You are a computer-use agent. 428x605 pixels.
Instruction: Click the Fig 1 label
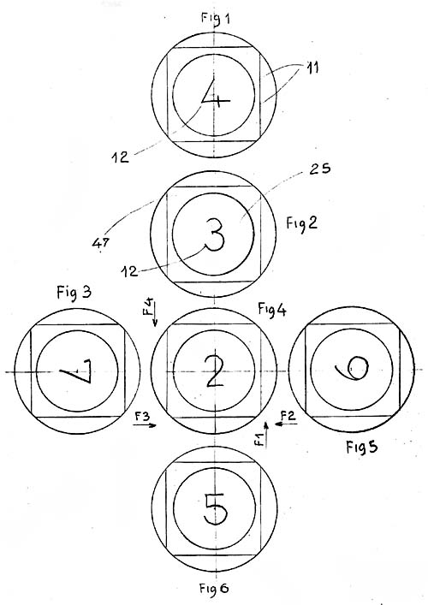tap(216, 19)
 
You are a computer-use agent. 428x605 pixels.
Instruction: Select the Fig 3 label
tap(74, 292)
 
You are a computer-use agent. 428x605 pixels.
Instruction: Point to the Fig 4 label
tap(272, 310)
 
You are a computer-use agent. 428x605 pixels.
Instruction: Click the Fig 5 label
tap(361, 447)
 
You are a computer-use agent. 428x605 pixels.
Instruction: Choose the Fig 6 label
tap(214, 589)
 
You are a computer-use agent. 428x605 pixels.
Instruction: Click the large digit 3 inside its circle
tap(214, 235)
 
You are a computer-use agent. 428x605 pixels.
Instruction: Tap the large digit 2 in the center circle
tap(215, 371)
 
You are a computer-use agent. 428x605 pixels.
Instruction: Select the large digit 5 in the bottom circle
tap(216, 509)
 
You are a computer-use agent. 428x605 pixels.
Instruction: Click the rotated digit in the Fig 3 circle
tap(76, 371)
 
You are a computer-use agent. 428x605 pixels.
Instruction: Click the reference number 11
tap(312, 68)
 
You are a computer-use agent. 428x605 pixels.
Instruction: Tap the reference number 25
tap(320, 169)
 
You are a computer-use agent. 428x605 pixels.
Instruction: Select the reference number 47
tap(100, 242)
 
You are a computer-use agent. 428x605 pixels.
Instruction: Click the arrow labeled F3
tap(146, 425)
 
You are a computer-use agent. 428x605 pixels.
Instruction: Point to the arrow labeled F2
tap(286, 424)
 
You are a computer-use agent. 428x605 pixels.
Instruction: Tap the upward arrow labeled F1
tap(266, 434)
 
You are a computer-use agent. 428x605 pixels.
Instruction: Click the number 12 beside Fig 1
tap(121, 157)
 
